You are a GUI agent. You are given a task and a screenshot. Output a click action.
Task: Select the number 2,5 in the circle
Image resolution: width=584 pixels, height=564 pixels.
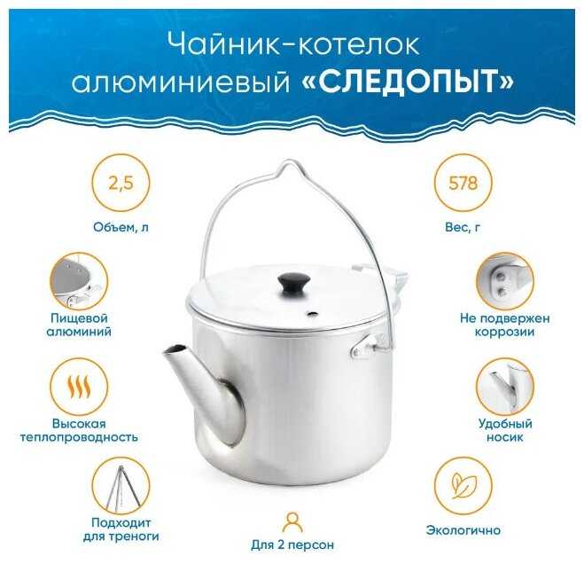tap(121, 184)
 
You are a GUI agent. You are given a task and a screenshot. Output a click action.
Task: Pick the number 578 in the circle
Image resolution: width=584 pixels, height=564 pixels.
tap(463, 184)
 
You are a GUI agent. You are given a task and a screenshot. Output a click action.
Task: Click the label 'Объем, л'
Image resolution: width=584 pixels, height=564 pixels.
tap(121, 227)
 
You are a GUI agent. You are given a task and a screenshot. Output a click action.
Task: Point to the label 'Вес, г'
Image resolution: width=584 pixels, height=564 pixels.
tap(463, 227)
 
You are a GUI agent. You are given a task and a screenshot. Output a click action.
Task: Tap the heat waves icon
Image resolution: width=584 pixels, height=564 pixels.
tap(79, 387)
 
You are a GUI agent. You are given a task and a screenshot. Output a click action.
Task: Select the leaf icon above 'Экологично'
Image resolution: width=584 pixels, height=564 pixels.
tap(463, 486)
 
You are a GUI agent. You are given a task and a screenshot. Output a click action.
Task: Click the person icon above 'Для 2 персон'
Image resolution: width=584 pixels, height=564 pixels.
tap(292, 522)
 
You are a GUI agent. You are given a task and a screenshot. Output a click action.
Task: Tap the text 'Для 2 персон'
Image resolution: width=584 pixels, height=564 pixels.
tap(292, 545)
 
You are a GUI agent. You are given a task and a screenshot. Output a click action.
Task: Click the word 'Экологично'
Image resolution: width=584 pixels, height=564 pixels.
tap(463, 530)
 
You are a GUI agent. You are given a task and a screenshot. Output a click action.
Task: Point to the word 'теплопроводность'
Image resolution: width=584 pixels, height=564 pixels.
tap(79, 437)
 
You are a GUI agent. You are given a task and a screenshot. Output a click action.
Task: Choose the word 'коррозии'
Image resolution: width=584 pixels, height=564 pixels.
tap(504, 332)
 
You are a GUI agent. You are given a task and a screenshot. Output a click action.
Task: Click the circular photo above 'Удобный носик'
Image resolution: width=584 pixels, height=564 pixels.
tap(504, 387)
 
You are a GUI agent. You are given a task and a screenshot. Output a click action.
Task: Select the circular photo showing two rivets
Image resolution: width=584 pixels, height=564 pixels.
tap(504, 281)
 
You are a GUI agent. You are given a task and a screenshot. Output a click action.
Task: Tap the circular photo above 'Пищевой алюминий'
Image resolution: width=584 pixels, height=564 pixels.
tap(79, 281)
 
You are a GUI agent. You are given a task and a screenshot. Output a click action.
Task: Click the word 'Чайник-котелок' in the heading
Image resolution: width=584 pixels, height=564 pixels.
tap(293, 45)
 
